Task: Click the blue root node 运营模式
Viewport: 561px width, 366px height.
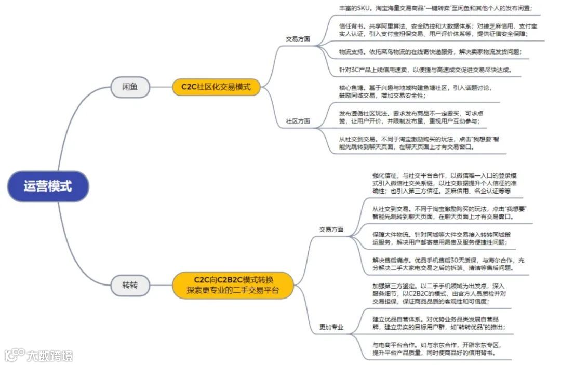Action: coord(48,186)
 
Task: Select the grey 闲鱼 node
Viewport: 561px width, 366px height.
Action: coord(130,87)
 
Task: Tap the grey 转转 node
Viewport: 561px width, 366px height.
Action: coord(130,284)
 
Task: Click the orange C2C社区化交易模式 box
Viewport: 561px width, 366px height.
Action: coord(216,87)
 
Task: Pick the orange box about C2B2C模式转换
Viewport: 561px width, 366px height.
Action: coord(233,284)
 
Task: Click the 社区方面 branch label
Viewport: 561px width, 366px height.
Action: coord(298,121)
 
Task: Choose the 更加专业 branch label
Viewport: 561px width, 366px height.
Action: coord(331,328)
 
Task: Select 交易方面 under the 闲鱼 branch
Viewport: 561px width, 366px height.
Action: coord(298,38)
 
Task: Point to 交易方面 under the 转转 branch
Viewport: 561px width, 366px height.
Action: coord(331,229)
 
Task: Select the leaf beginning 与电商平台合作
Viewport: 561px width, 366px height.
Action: coord(436,348)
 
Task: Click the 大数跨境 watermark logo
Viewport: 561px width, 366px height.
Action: coord(39,356)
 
